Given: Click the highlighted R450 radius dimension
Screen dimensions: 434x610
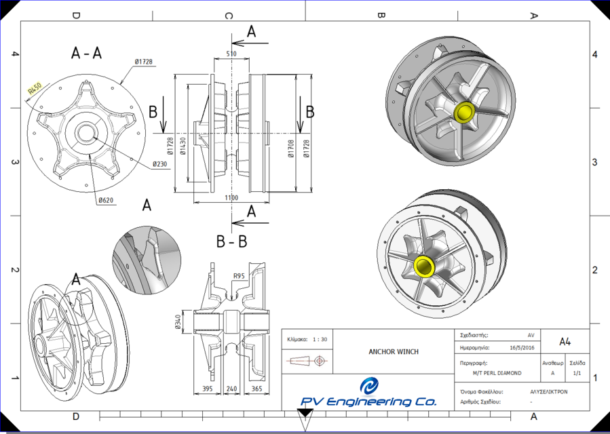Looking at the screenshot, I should (35, 87).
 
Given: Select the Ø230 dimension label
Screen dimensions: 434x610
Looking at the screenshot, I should (160, 164).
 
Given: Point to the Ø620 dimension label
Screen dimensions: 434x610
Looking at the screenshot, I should (105, 201).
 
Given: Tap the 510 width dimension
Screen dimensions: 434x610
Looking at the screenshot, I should (231, 54).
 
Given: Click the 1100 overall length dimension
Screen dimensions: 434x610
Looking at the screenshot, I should (231, 197).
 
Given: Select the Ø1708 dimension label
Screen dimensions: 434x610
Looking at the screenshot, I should (290, 148).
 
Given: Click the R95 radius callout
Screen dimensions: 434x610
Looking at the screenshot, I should (238, 276).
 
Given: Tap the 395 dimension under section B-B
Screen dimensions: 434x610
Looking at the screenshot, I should (209, 389).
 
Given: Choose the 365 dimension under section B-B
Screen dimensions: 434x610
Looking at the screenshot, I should (256, 389).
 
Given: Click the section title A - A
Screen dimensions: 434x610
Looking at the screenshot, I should (86, 54).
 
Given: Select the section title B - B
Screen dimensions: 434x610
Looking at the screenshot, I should (231, 241).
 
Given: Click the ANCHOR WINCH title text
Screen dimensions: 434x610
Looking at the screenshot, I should (394, 351).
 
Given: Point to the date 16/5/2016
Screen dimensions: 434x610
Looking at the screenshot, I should (521, 347).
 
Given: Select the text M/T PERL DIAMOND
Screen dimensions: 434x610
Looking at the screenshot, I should (497, 373).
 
